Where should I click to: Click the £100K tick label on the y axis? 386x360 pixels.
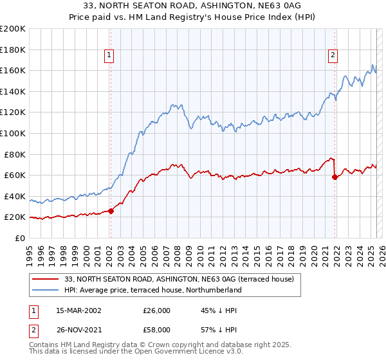tap(13, 133)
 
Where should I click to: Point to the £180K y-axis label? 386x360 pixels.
tap(13, 50)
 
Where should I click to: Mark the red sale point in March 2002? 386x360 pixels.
tap(111, 210)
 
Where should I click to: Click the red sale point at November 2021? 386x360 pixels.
tap(335, 177)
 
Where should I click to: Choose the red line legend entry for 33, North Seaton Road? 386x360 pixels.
tap(179, 279)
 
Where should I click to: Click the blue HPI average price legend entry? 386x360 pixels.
tap(152, 290)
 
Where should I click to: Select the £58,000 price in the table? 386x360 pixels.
tap(157, 329)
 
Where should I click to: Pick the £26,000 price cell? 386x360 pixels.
tap(157, 310)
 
